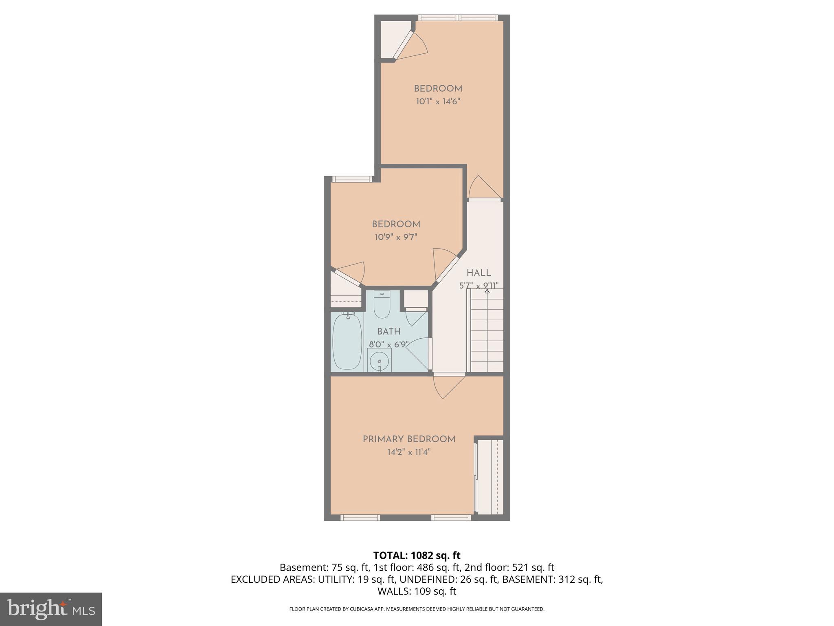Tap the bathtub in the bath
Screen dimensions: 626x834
coord(347,342)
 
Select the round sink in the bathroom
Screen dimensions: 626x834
coord(379,361)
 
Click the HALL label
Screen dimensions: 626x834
coord(478,273)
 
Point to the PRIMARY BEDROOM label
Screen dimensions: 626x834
coord(409,439)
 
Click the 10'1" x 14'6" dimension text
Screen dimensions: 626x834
coord(438,101)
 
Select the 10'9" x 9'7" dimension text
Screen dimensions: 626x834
coord(396,237)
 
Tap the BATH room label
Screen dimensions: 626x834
coord(388,332)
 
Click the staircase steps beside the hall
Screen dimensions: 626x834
coord(487,332)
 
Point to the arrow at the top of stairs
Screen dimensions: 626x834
coord(487,291)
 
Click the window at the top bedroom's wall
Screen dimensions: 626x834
coord(458,18)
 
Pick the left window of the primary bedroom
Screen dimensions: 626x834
coord(360,518)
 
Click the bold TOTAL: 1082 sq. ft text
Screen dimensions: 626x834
coord(417,555)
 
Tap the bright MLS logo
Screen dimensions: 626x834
coord(50,609)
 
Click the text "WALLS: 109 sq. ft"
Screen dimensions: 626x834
coord(417,591)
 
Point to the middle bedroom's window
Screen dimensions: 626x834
coord(352,179)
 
